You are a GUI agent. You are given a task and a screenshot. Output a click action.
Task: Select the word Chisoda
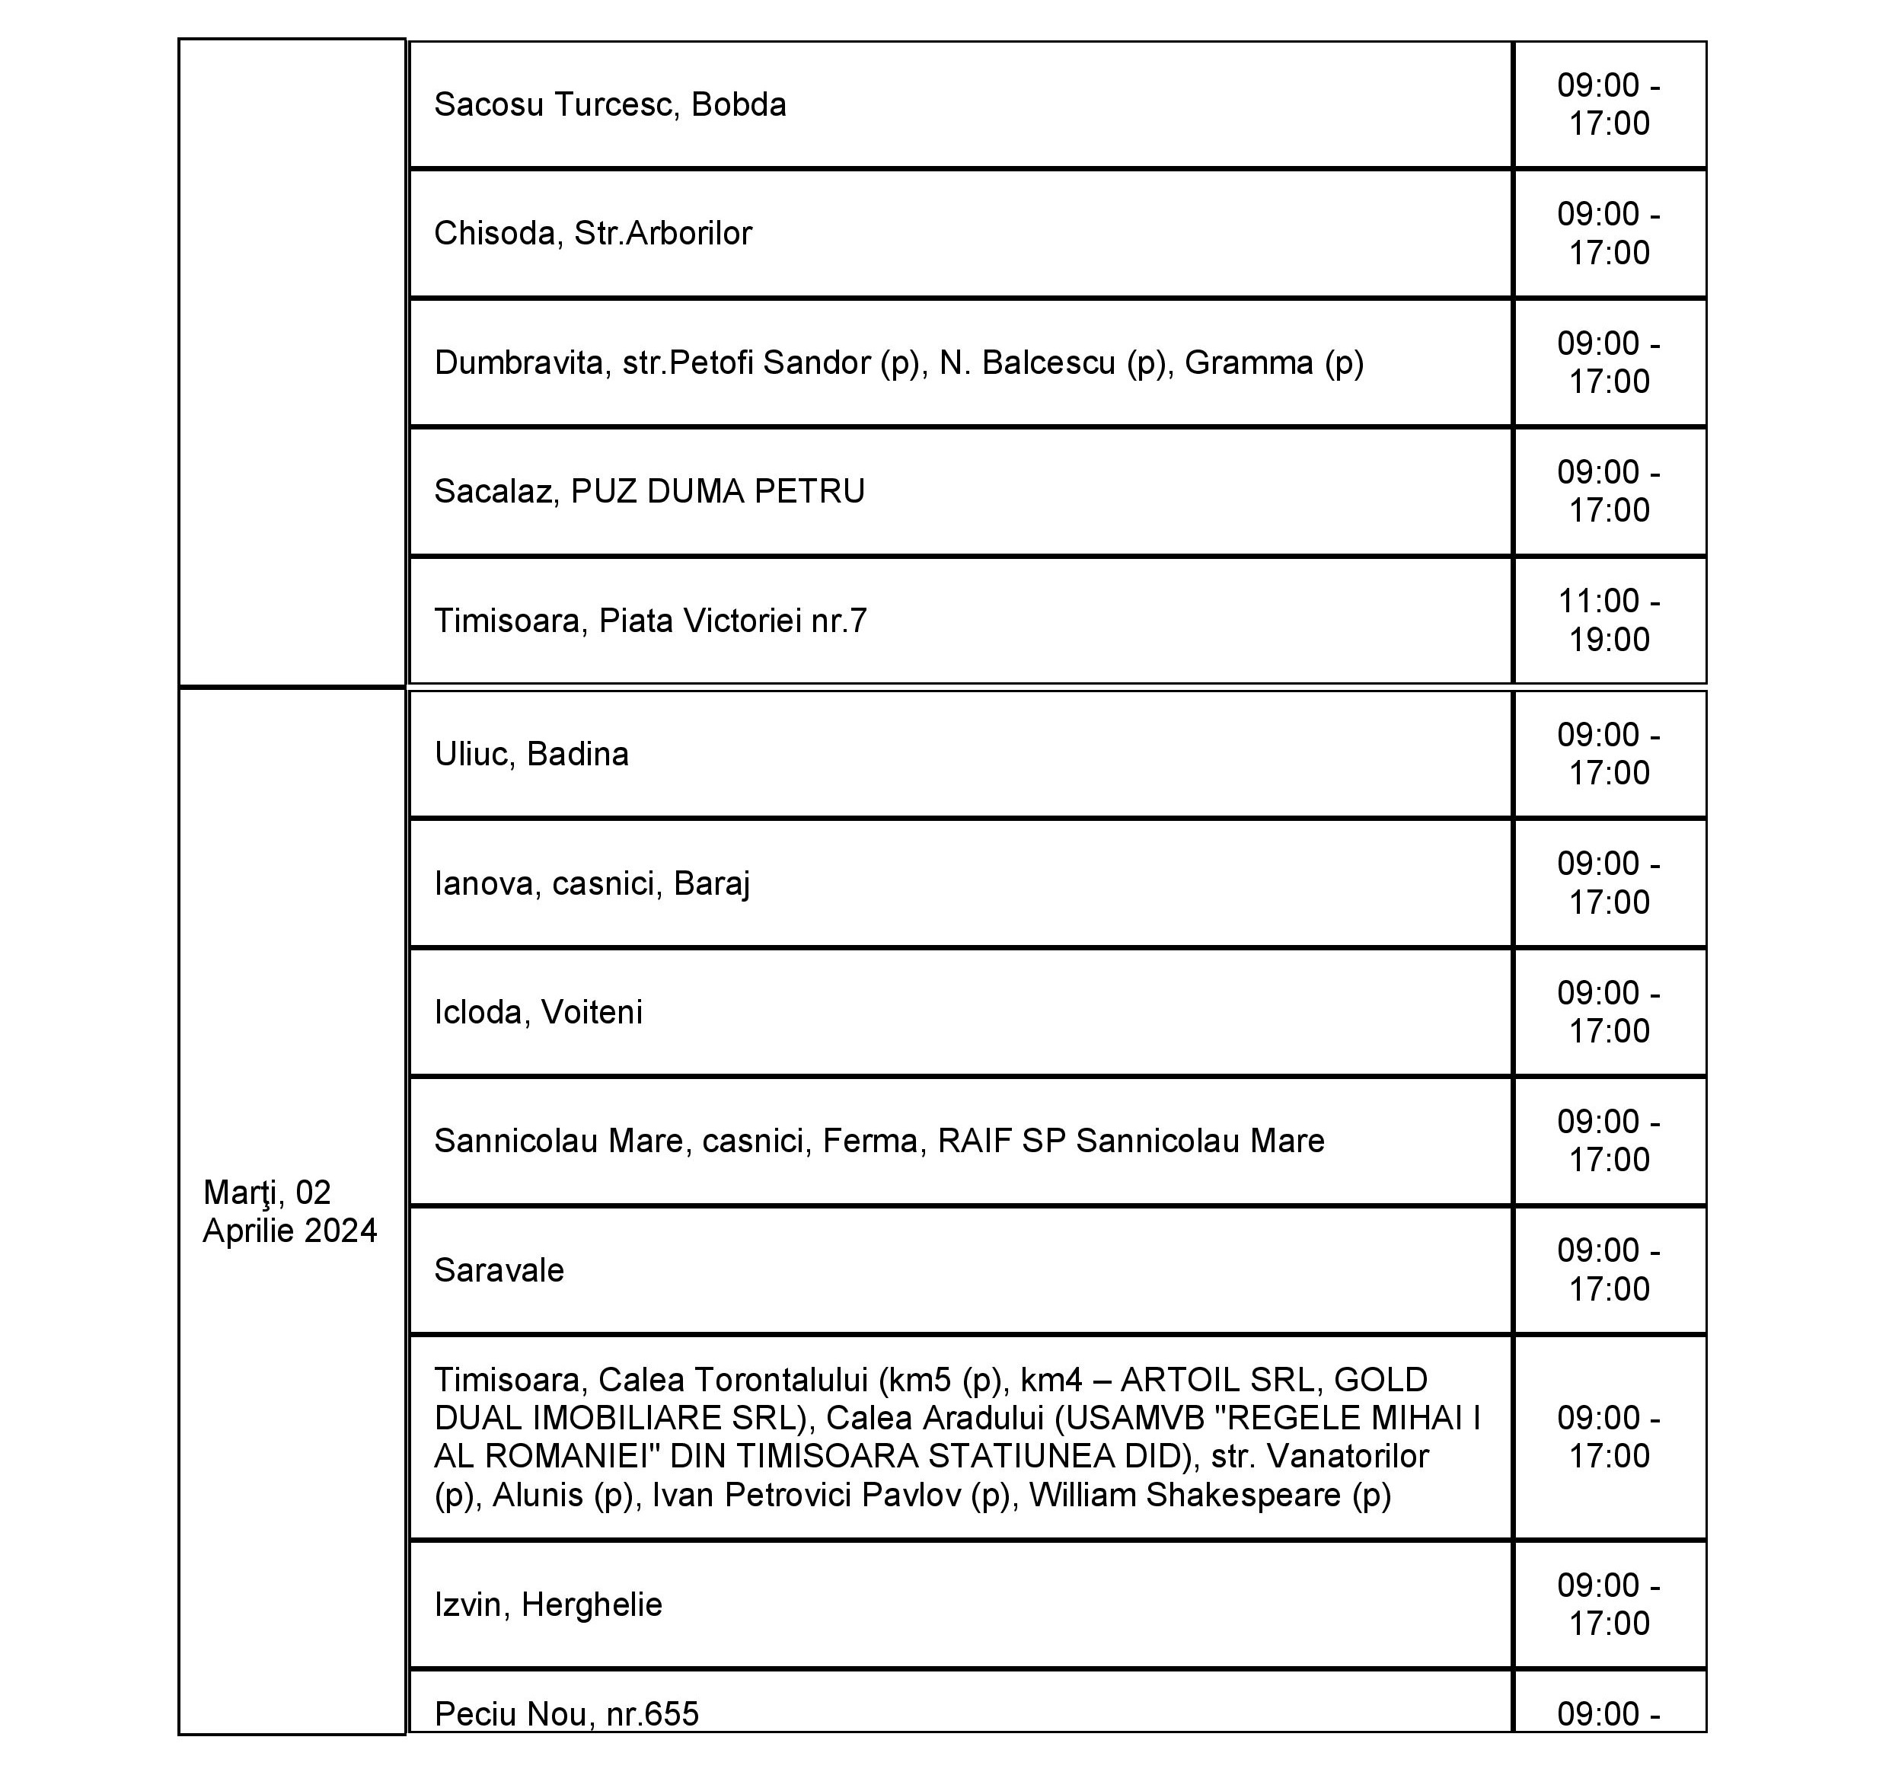click(x=494, y=234)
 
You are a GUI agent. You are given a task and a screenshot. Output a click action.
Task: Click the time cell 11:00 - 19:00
click(x=1609, y=621)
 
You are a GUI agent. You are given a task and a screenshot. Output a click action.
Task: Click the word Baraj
click(x=712, y=883)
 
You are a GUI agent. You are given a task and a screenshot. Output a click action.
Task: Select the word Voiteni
click(x=591, y=1013)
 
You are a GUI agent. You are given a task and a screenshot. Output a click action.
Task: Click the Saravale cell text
click(x=499, y=1270)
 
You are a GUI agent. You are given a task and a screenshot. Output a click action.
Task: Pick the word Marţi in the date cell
click(x=239, y=1193)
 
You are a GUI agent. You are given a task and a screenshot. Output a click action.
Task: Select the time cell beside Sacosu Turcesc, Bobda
click(x=1609, y=104)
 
